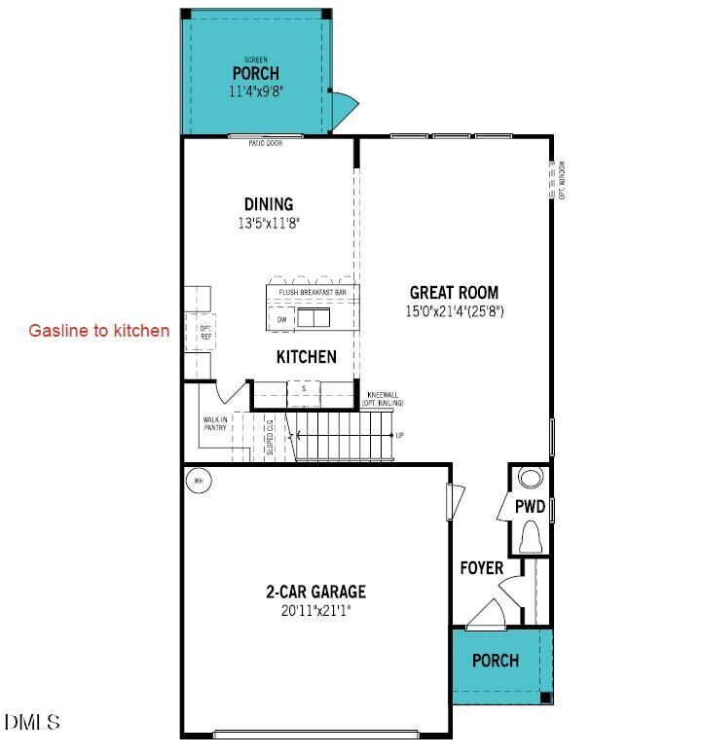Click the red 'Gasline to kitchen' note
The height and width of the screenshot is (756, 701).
click(x=98, y=331)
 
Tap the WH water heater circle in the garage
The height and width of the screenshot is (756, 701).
click(x=198, y=481)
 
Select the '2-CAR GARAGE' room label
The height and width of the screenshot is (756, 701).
click(x=315, y=592)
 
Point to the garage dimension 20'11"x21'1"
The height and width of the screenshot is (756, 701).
click(x=315, y=611)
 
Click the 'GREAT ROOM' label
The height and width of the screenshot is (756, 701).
click(x=454, y=292)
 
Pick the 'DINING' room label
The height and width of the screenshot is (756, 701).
click(x=269, y=204)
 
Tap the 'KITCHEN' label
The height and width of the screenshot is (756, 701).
click(x=307, y=357)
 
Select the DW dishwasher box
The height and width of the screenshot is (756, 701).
click(x=281, y=319)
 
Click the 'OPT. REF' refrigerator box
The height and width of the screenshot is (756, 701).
click(x=205, y=332)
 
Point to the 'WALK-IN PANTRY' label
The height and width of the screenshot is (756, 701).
click(x=215, y=423)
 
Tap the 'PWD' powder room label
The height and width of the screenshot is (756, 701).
click(x=531, y=507)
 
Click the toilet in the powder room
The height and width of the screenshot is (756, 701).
click(x=532, y=538)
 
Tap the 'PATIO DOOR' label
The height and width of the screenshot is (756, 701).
click(x=265, y=143)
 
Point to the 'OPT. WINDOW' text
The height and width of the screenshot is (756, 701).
click(x=563, y=180)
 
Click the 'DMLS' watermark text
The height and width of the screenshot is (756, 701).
click(x=32, y=722)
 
